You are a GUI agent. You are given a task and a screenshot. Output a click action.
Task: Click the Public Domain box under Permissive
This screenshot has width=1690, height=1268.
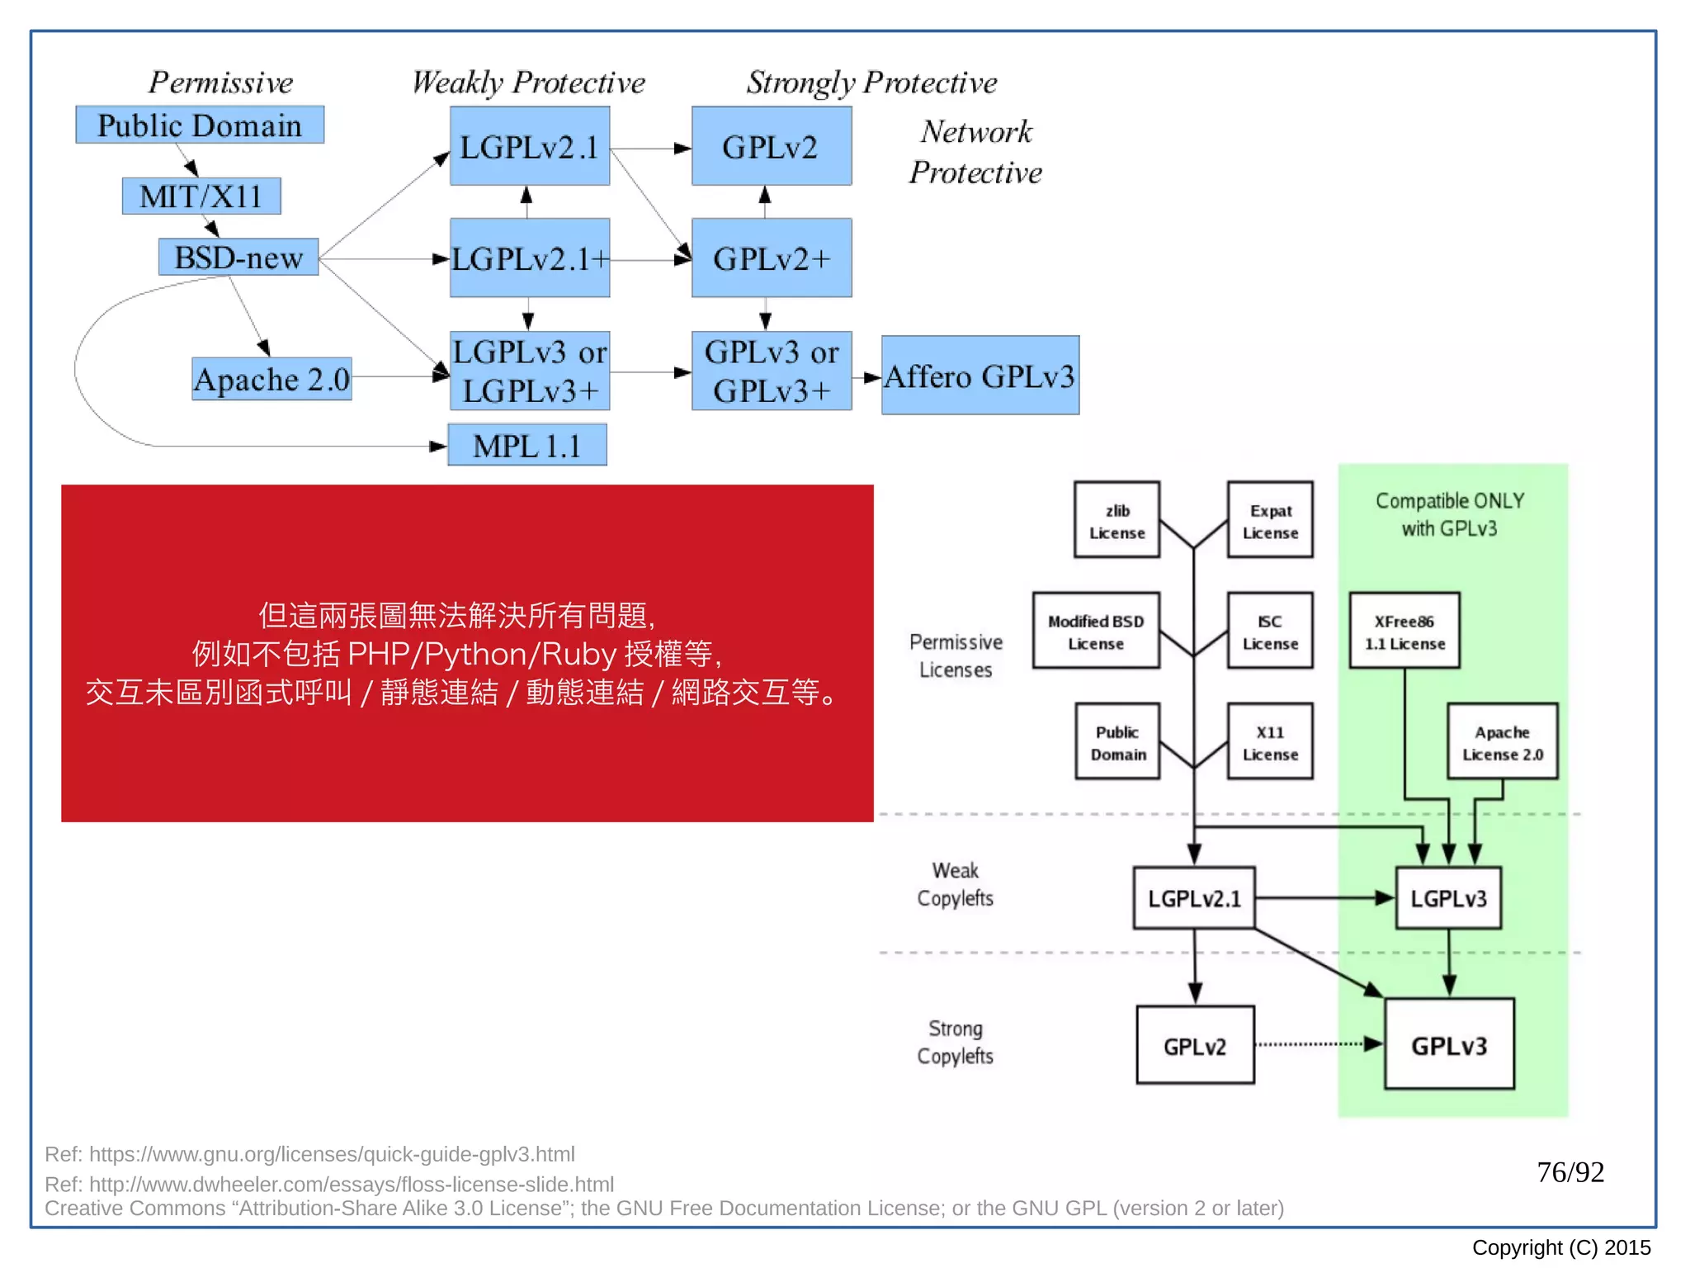click(200, 125)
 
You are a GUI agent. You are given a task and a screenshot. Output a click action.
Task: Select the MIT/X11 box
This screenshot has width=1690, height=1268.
click(201, 196)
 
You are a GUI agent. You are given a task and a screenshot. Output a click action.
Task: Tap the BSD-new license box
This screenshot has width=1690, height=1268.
click(238, 258)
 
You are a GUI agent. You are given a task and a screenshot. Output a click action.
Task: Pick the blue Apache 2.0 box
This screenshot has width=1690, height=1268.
click(271, 379)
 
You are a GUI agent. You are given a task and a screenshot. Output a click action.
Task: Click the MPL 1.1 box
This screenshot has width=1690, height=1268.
click(527, 446)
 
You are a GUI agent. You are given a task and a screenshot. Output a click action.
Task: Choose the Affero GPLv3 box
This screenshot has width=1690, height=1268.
click(980, 376)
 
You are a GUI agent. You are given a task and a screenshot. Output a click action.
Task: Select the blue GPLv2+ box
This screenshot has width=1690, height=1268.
click(772, 258)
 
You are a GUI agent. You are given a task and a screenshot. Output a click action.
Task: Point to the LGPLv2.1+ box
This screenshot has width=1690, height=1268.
click(530, 258)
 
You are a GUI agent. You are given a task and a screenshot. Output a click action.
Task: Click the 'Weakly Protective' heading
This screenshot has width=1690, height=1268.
click(528, 83)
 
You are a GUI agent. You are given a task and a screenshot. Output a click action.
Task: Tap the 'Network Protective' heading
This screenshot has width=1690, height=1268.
click(975, 152)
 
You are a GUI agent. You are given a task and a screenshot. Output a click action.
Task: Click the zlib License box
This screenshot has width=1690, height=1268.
click(1116, 521)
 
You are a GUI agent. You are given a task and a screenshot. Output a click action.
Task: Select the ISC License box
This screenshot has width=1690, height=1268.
click(1270, 632)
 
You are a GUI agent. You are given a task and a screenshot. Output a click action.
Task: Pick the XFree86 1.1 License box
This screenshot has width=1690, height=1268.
click(1404, 632)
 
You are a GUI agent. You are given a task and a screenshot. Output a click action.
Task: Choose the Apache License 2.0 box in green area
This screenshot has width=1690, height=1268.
click(1502, 742)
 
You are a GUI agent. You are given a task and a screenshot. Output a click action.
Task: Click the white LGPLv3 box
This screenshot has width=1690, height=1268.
click(1448, 898)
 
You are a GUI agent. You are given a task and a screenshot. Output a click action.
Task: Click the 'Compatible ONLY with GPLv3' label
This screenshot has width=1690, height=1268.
click(1449, 514)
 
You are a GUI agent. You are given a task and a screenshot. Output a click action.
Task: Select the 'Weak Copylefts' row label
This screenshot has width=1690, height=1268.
click(955, 884)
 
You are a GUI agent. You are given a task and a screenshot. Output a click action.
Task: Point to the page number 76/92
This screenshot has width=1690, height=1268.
click(1570, 1172)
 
